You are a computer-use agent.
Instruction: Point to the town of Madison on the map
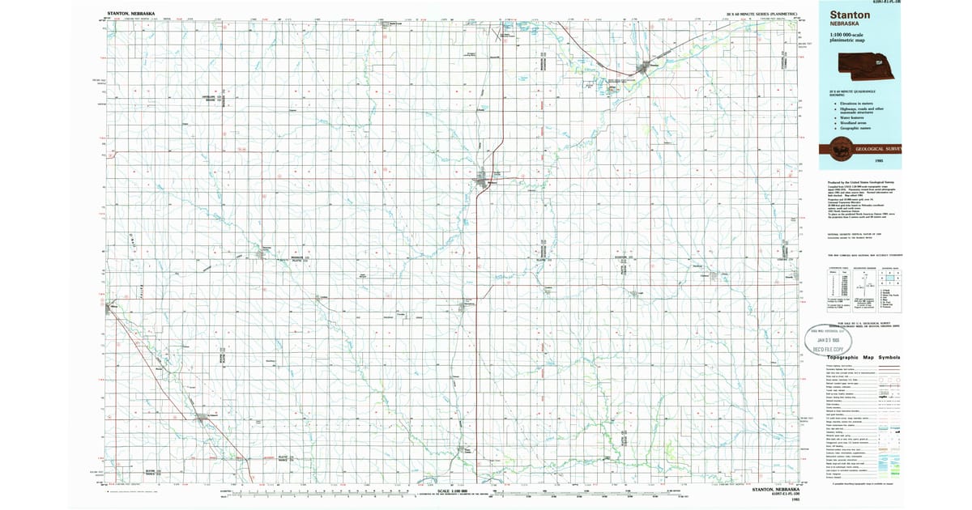(x=490, y=181)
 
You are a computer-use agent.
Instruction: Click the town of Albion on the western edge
(x=110, y=307)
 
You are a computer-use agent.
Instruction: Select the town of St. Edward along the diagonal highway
(x=202, y=418)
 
